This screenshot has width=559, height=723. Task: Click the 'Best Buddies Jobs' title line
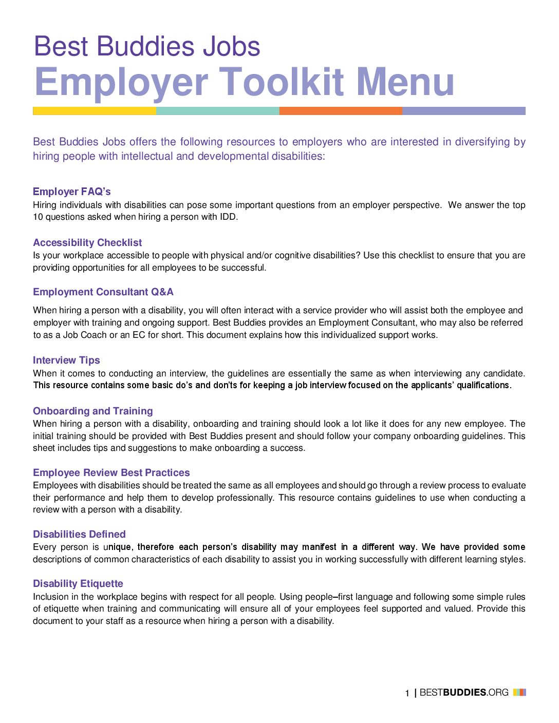147,46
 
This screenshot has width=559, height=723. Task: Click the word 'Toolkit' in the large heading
282,82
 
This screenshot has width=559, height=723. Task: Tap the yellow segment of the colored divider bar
95,111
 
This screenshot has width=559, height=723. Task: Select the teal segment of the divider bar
217,111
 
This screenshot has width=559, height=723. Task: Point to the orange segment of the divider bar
341,111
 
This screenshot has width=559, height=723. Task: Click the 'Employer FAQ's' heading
72,192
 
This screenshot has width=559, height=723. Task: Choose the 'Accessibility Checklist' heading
87,242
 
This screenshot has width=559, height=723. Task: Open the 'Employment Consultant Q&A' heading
103,292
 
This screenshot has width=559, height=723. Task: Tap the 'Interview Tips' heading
66,360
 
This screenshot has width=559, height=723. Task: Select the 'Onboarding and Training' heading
93,411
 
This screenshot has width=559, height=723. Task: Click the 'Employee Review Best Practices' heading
111,472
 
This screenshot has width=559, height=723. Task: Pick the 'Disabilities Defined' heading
79,534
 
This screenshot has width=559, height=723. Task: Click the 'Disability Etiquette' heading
78,583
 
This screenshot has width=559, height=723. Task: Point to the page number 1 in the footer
407,693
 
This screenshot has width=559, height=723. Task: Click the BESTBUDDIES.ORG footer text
464,692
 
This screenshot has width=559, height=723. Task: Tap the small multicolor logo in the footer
519,692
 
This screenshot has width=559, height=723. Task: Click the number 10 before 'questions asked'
38,217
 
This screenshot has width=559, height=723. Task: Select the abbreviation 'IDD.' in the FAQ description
229,217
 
